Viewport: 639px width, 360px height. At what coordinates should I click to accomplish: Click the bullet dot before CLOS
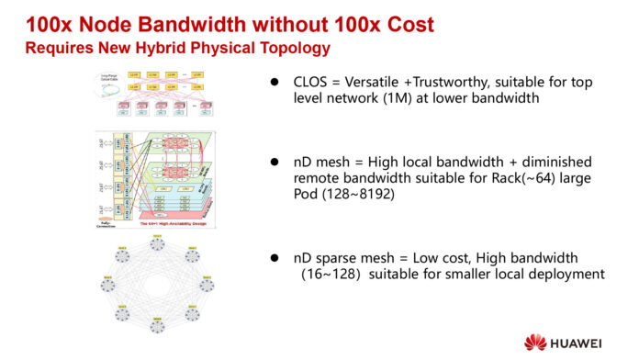pyautogui.click(x=273, y=83)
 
